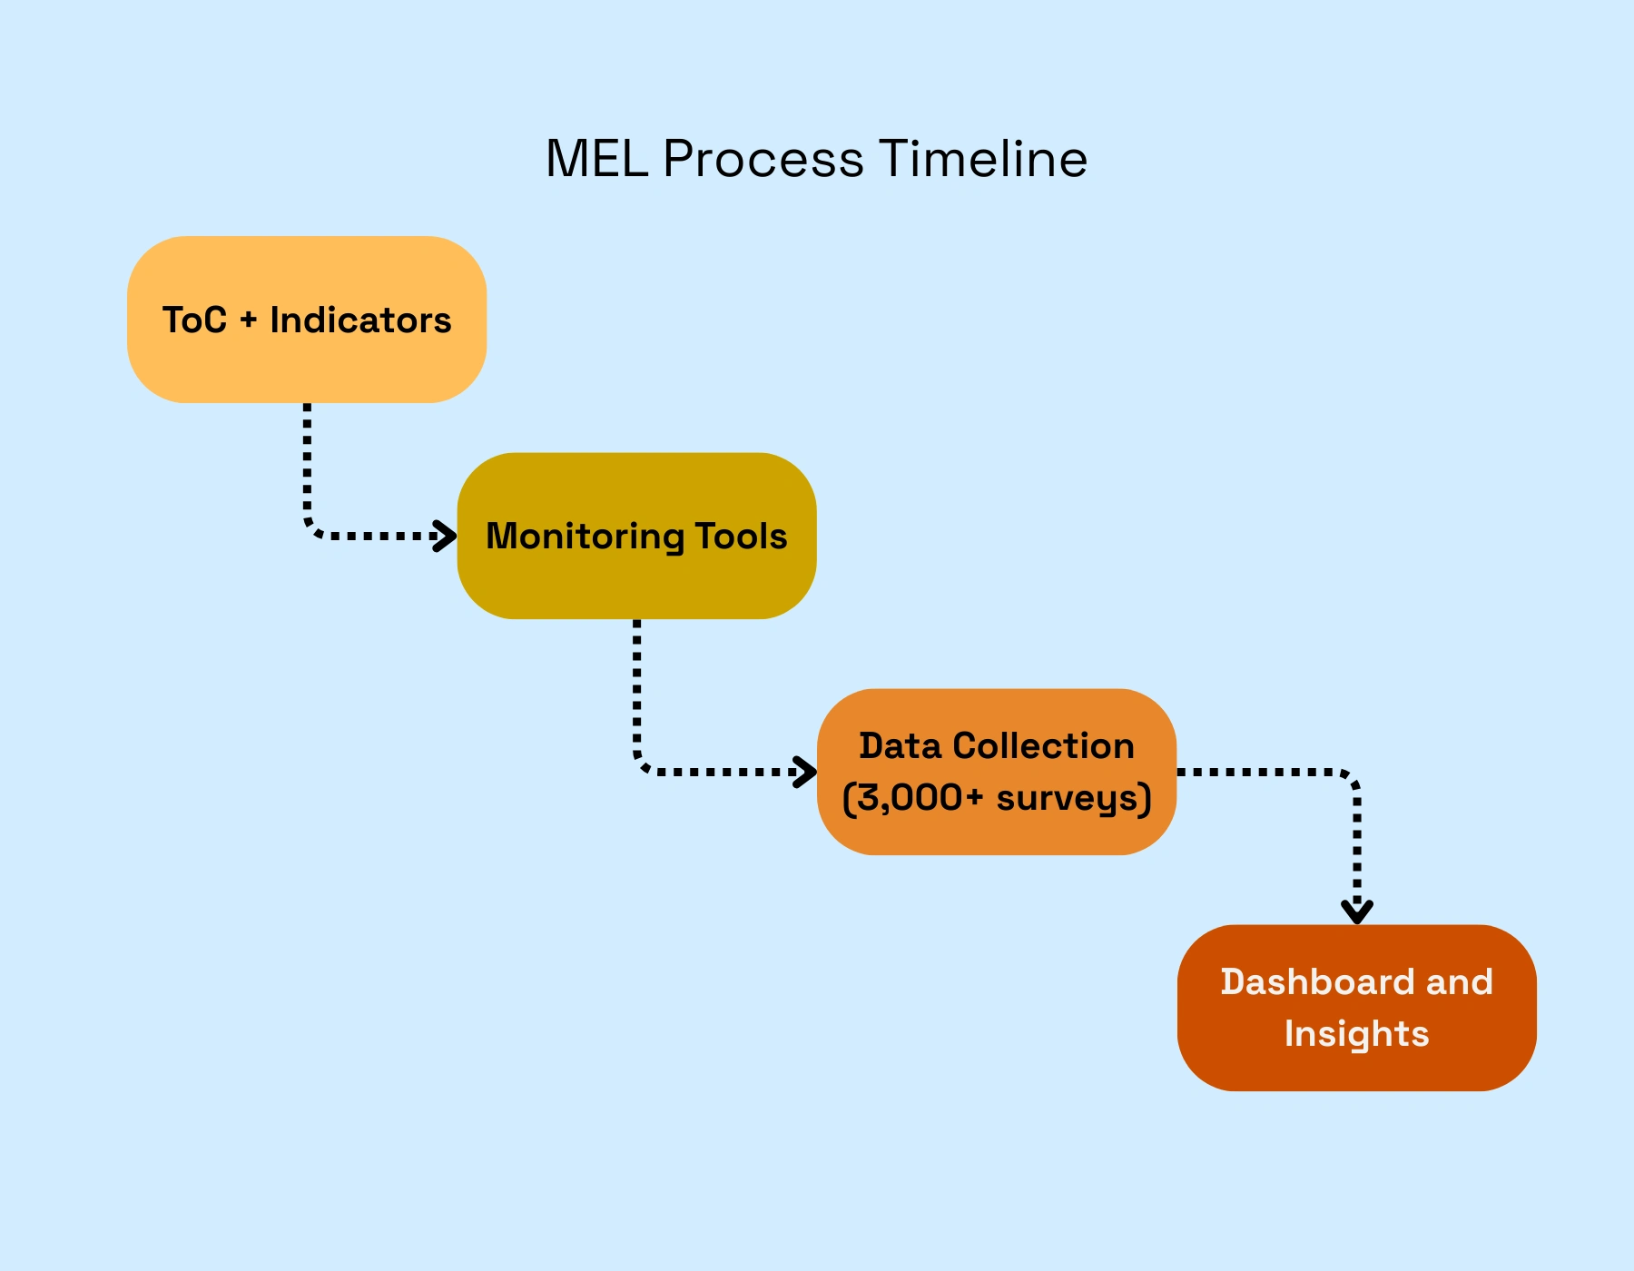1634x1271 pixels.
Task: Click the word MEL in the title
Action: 596,160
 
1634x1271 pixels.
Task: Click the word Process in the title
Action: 763,160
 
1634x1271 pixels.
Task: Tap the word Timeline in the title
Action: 982,160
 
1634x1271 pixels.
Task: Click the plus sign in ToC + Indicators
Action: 249,320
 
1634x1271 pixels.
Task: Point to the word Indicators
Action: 360,320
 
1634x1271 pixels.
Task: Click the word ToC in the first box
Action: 194,320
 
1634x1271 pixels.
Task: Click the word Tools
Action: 742,537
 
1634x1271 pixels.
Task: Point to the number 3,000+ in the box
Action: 920,798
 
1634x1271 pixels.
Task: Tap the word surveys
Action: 1068,799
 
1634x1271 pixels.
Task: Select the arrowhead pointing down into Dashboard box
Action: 1357,911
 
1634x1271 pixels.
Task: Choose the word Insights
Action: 1356,1034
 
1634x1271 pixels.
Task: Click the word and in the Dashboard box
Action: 1460,982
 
